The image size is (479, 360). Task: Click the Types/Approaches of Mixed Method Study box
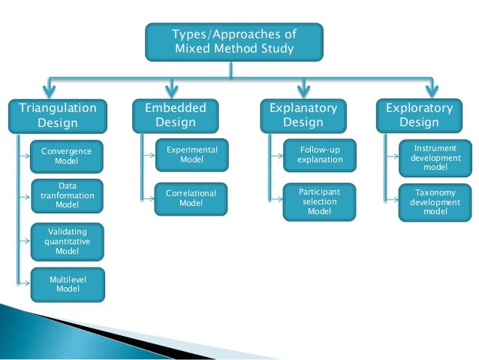[234, 42]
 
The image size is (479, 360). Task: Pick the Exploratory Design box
[419, 115]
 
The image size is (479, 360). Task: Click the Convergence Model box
[67, 156]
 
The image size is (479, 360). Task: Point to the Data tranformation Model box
[67, 195]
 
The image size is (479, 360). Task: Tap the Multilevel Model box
[67, 284]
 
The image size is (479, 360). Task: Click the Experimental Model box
[191, 155]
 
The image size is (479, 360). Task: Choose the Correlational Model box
[191, 198]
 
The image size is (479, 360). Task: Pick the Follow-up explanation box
[320, 155]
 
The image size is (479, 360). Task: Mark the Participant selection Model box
[320, 201]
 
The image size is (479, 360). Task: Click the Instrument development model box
[435, 158]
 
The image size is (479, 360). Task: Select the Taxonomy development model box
[435, 202]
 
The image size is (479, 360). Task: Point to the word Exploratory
[419, 108]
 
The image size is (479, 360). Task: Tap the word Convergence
[67, 151]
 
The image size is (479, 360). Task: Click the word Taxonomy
[435, 193]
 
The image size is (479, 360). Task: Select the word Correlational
[191, 194]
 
